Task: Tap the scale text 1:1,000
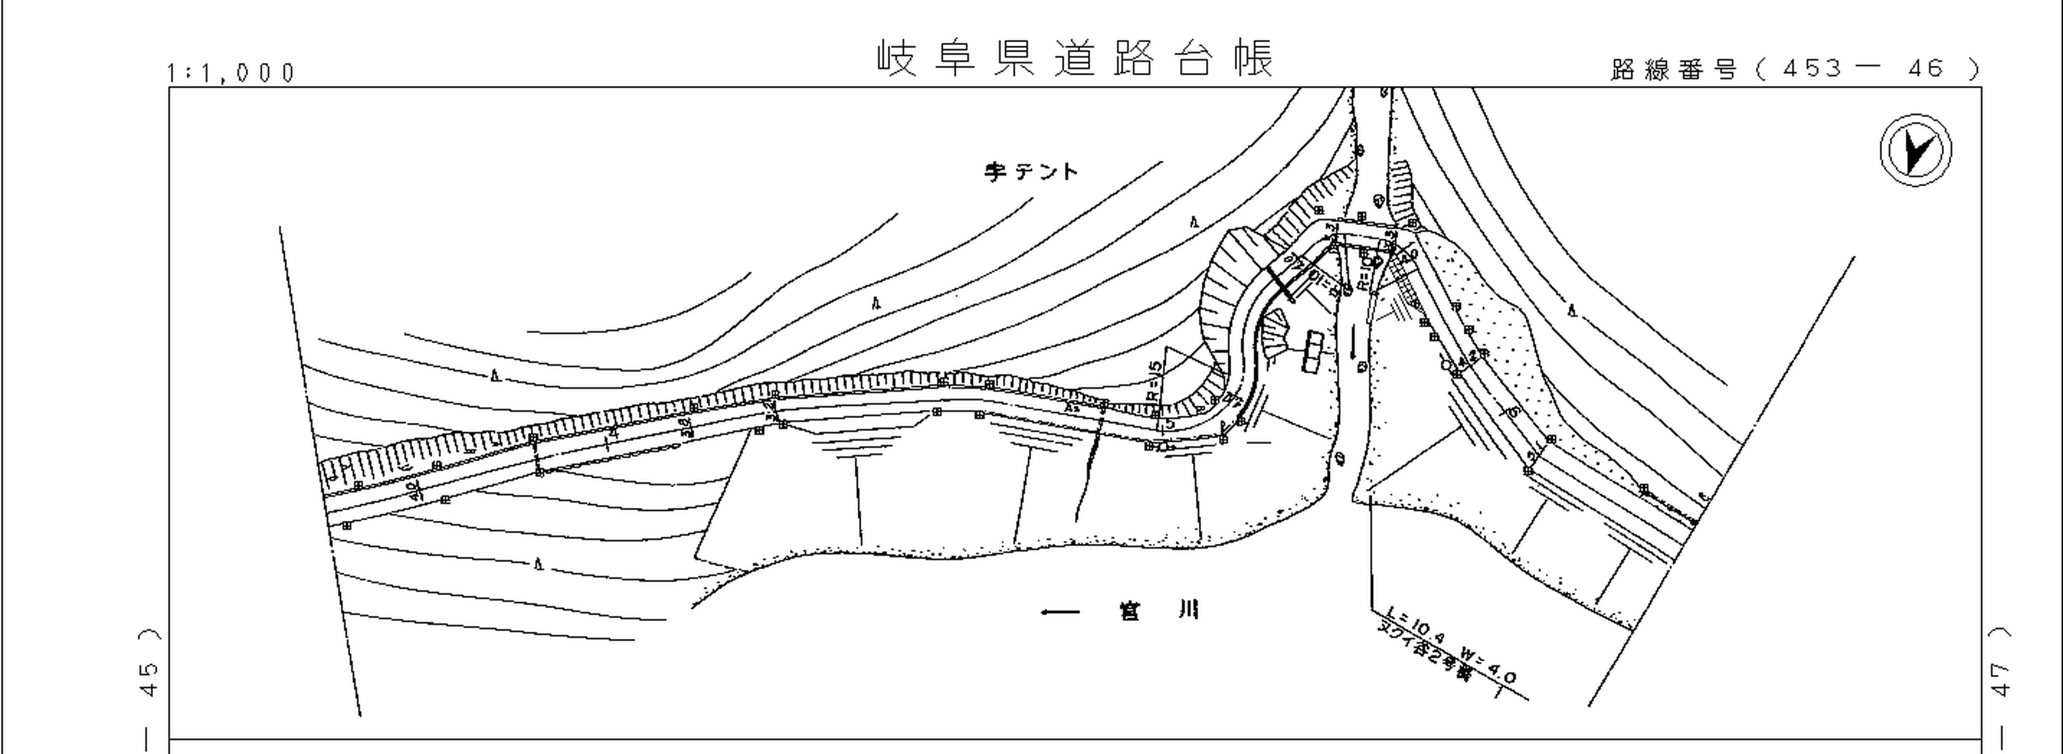pyautogui.click(x=231, y=73)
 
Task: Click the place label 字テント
pyautogui.click(x=1032, y=171)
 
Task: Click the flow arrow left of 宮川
pyautogui.click(x=1059, y=613)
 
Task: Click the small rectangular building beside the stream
pyautogui.click(x=1312, y=352)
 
